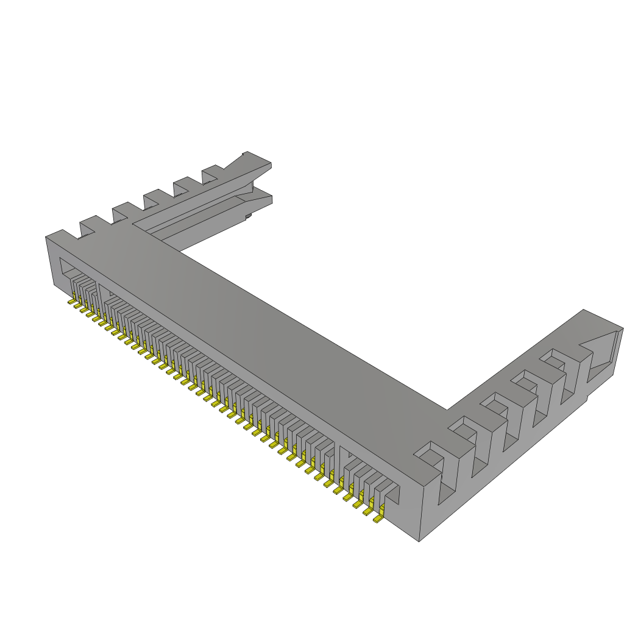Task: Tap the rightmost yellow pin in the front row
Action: tap(378, 520)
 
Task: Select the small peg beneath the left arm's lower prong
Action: tap(248, 215)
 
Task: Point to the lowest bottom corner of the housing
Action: tap(419, 541)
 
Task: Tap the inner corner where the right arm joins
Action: tap(447, 409)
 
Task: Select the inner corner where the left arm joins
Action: tap(178, 250)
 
